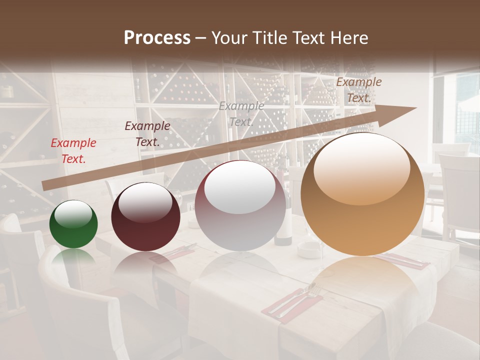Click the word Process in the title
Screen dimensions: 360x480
click(157, 37)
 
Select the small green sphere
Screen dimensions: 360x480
click(73, 224)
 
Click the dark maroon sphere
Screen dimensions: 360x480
click(145, 217)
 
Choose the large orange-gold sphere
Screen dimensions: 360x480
click(362, 194)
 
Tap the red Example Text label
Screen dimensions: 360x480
click(73, 150)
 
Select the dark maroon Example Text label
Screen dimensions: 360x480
click(147, 133)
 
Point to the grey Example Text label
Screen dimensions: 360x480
click(241, 113)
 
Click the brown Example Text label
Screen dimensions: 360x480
click(358, 90)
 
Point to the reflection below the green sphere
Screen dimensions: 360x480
click(73, 257)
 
